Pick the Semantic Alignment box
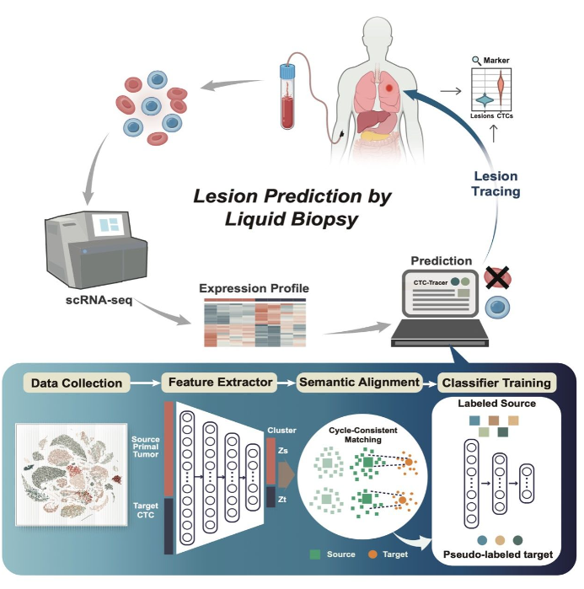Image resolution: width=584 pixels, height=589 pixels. point(359,382)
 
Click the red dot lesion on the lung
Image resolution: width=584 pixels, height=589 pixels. point(388,87)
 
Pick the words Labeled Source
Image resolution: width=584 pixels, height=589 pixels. point(496,404)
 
